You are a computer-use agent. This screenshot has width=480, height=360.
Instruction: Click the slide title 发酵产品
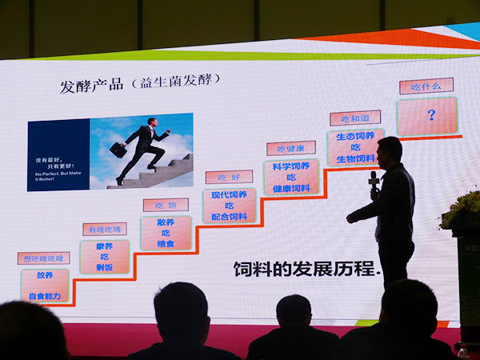pyautogui.click(x=91, y=85)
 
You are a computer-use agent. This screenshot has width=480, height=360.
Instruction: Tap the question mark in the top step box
pyautogui.click(x=430, y=115)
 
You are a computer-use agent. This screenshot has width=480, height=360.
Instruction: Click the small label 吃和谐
pyautogui.click(x=354, y=118)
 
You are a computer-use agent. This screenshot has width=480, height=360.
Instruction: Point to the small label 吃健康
pyautogui.click(x=290, y=148)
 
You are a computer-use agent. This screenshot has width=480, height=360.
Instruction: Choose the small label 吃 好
pyautogui.click(x=228, y=177)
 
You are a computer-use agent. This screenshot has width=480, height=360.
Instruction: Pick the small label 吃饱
pyautogui.click(x=166, y=205)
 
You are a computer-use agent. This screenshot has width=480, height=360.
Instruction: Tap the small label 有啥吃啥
pyautogui.click(x=104, y=230)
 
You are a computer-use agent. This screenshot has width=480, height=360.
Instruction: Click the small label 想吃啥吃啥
pyautogui.click(x=43, y=258)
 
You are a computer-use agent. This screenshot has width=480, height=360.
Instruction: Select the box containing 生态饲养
pyautogui.click(x=355, y=147)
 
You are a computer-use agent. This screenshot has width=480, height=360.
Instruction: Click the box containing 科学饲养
pyautogui.click(x=291, y=178)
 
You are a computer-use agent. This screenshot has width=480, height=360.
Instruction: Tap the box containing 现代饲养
pyautogui.click(x=229, y=206)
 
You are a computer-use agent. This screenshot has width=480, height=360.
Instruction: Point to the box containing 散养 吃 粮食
pyautogui.click(x=166, y=233)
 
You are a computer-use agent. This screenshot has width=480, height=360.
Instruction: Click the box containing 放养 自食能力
pyautogui.click(x=45, y=285)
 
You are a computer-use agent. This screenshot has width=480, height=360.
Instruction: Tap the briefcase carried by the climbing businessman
pyautogui.click(x=118, y=150)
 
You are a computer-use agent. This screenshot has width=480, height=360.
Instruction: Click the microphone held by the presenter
pyautogui.click(x=373, y=180)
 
